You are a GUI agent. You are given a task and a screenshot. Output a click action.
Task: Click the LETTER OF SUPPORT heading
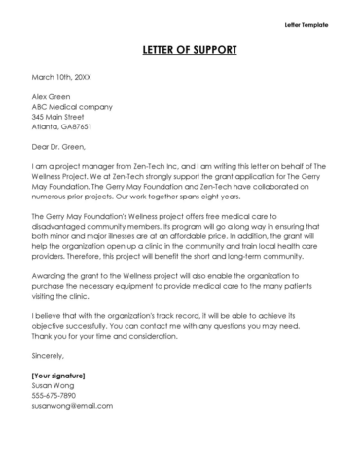179,49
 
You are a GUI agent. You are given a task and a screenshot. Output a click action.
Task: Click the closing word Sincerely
50,384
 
